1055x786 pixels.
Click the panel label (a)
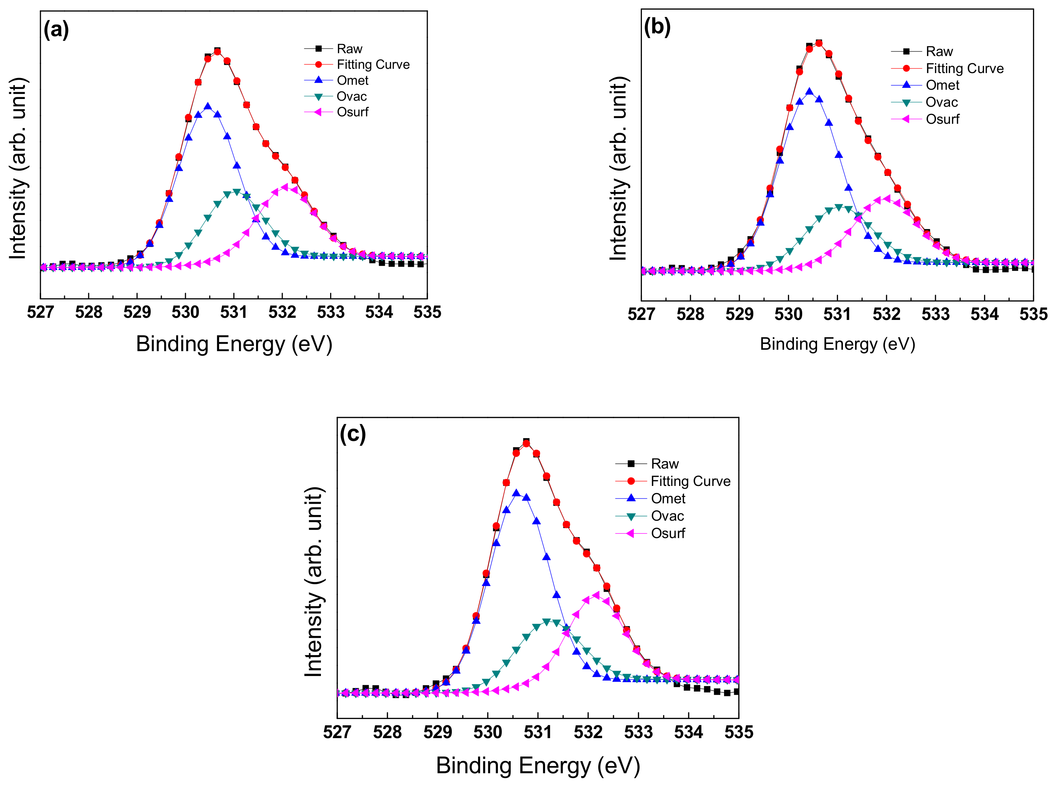click(x=56, y=30)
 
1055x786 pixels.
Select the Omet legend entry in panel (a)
click(x=352, y=81)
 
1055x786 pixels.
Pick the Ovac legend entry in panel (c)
click(x=667, y=516)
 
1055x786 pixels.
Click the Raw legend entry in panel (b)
click(x=939, y=51)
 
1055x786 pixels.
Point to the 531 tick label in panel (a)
click(x=234, y=312)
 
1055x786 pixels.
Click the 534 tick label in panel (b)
click(x=984, y=315)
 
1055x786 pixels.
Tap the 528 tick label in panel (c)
click(x=387, y=732)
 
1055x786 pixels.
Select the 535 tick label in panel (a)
click(x=427, y=312)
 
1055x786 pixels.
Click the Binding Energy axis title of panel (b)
click(x=837, y=344)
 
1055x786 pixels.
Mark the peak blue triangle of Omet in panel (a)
click(x=208, y=106)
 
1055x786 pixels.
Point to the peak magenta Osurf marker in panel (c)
click(x=596, y=595)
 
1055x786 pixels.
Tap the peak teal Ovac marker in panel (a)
click(x=237, y=192)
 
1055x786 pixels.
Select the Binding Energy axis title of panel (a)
click(x=234, y=344)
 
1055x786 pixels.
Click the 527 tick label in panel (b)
click(x=641, y=315)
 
